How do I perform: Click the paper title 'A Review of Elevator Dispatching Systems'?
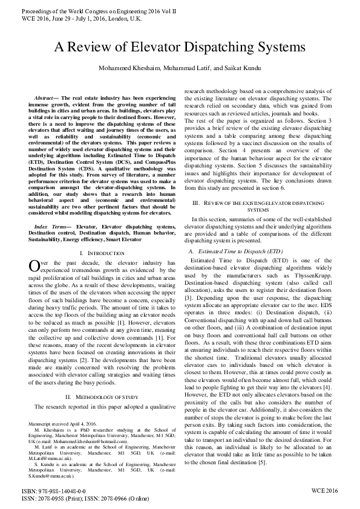coord(180,48)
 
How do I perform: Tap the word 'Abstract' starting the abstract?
coord(43,97)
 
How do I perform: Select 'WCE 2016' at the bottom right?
coord(324,491)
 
